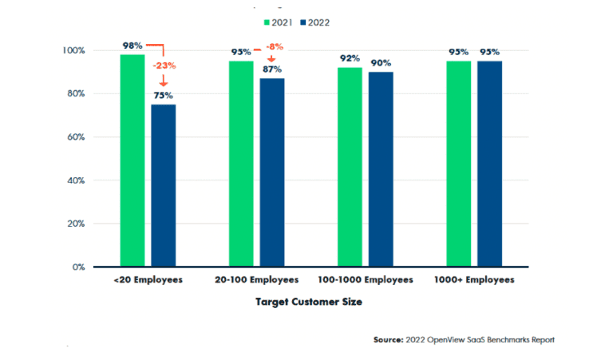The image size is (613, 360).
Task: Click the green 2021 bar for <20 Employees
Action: tap(132, 160)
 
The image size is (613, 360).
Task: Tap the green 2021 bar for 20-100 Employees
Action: tap(241, 164)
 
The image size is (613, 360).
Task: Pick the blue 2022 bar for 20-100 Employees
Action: tap(272, 172)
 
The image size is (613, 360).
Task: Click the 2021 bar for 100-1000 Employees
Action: tap(350, 167)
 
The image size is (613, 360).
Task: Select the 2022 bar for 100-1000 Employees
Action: tap(381, 169)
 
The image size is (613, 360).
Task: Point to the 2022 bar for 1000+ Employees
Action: tap(489, 164)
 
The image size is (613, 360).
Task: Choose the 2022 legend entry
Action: tap(313, 22)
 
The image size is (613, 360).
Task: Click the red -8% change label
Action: tap(273, 47)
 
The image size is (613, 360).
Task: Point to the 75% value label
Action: tap(164, 96)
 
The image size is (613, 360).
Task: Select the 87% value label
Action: tap(272, 70)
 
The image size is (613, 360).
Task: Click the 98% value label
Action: tap(132, 45)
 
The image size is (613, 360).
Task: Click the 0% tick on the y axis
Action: tap(78, 267)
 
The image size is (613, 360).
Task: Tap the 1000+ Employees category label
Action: tap(474, 280)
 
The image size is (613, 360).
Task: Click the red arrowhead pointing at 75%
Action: tap(164, 82)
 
